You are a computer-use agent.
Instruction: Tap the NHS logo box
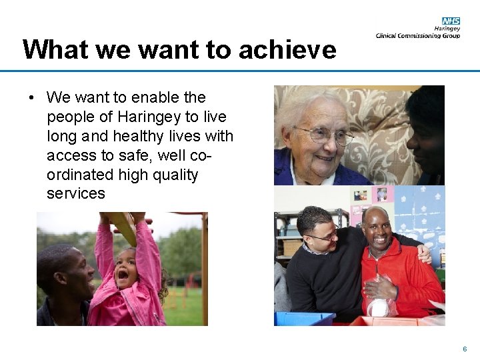tap(451, 21)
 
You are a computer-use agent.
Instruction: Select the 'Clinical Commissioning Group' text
tap(418, 36)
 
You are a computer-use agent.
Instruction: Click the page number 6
tap(465, 349)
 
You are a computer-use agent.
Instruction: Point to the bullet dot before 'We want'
tap(31, 98)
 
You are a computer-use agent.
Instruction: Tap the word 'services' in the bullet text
tap(76, 194)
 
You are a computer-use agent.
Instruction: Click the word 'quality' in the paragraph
tap(175, 175)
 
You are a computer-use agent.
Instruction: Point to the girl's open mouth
tap(124, 274)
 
